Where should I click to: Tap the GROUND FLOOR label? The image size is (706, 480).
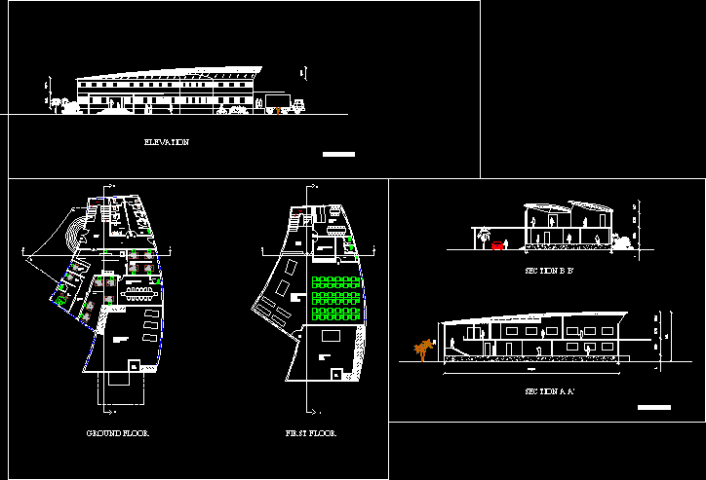point(117,432)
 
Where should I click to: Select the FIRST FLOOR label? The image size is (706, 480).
point(310,432)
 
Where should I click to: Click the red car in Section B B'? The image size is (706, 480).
point(497,245)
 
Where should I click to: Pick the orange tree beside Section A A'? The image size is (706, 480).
point(423,350)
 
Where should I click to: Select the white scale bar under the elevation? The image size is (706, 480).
point(338,154)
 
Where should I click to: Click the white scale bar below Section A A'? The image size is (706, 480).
point(653,407)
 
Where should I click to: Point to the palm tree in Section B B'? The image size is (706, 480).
point(480,234)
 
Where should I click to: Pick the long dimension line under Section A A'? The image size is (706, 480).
point(531,371)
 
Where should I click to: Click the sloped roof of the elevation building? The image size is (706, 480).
point(171,74)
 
